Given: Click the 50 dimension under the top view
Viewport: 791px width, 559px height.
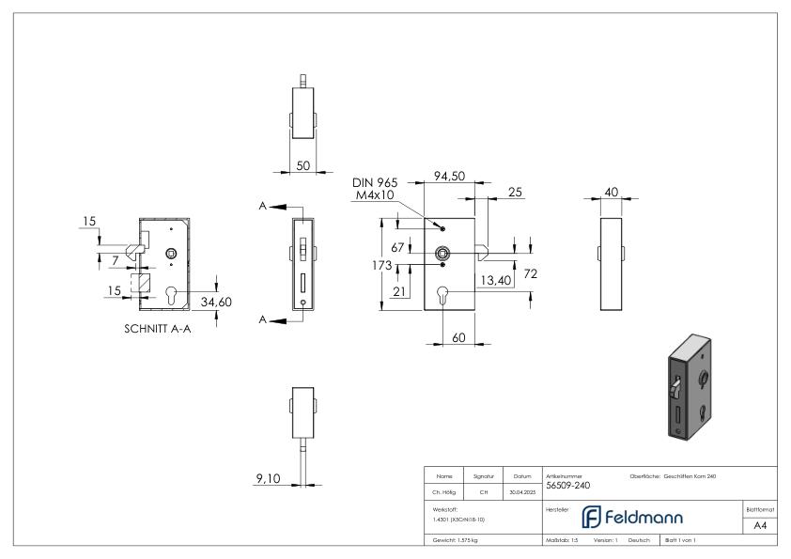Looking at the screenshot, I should point(303,164).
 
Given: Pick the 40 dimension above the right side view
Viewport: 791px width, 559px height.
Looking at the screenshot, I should point(612,192).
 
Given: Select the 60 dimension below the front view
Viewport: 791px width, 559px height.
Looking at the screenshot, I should point(458,337).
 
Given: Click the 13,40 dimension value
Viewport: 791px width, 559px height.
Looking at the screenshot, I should point(495,279).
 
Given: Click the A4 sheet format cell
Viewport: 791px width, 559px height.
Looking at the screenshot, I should point(759,525).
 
